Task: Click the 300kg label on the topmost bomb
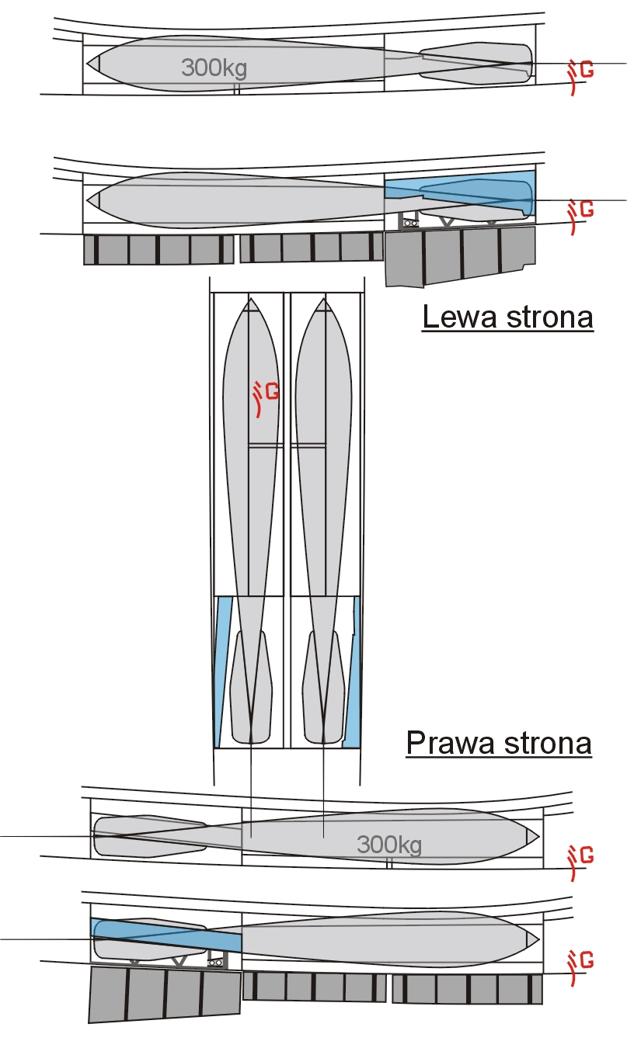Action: click(214, 68)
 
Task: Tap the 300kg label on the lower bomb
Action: click(389, 845)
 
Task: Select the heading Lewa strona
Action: click(507, 318)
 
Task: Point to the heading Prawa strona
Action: click(499, 743)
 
